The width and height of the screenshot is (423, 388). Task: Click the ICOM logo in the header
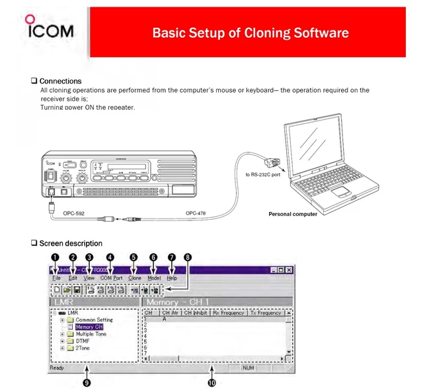pyautogui.click(x=46, y=28)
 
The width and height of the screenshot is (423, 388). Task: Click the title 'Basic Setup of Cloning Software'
pyautogui.click(x=250, y=32)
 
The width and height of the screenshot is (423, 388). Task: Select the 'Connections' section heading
pyautogui.click(x=60, y=81)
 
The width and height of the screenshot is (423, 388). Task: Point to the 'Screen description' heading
pyautogui.click(x=70, y=243)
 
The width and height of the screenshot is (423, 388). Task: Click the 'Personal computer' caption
pyautogui.click(x=293, y=214)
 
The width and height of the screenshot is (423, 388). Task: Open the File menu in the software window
pyautogui.click(x=56, y=279)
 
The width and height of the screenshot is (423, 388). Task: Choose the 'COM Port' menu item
pyautogui.click(x=111, y=279)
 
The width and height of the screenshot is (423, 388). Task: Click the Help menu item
pyautogui.click(x=172, y=279)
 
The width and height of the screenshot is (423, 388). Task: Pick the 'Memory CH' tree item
pyautogui.click(x=89, y=327)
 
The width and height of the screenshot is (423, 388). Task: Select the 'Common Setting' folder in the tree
pyautogui.click(x=93, y=320)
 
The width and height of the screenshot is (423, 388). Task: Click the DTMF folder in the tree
pyautogui.click(x=82, y=341)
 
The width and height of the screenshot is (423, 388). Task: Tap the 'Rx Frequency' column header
pyautogui.click(x=229, y=313)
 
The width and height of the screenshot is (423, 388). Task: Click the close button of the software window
pyautogui.click(x=289, y=269)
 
